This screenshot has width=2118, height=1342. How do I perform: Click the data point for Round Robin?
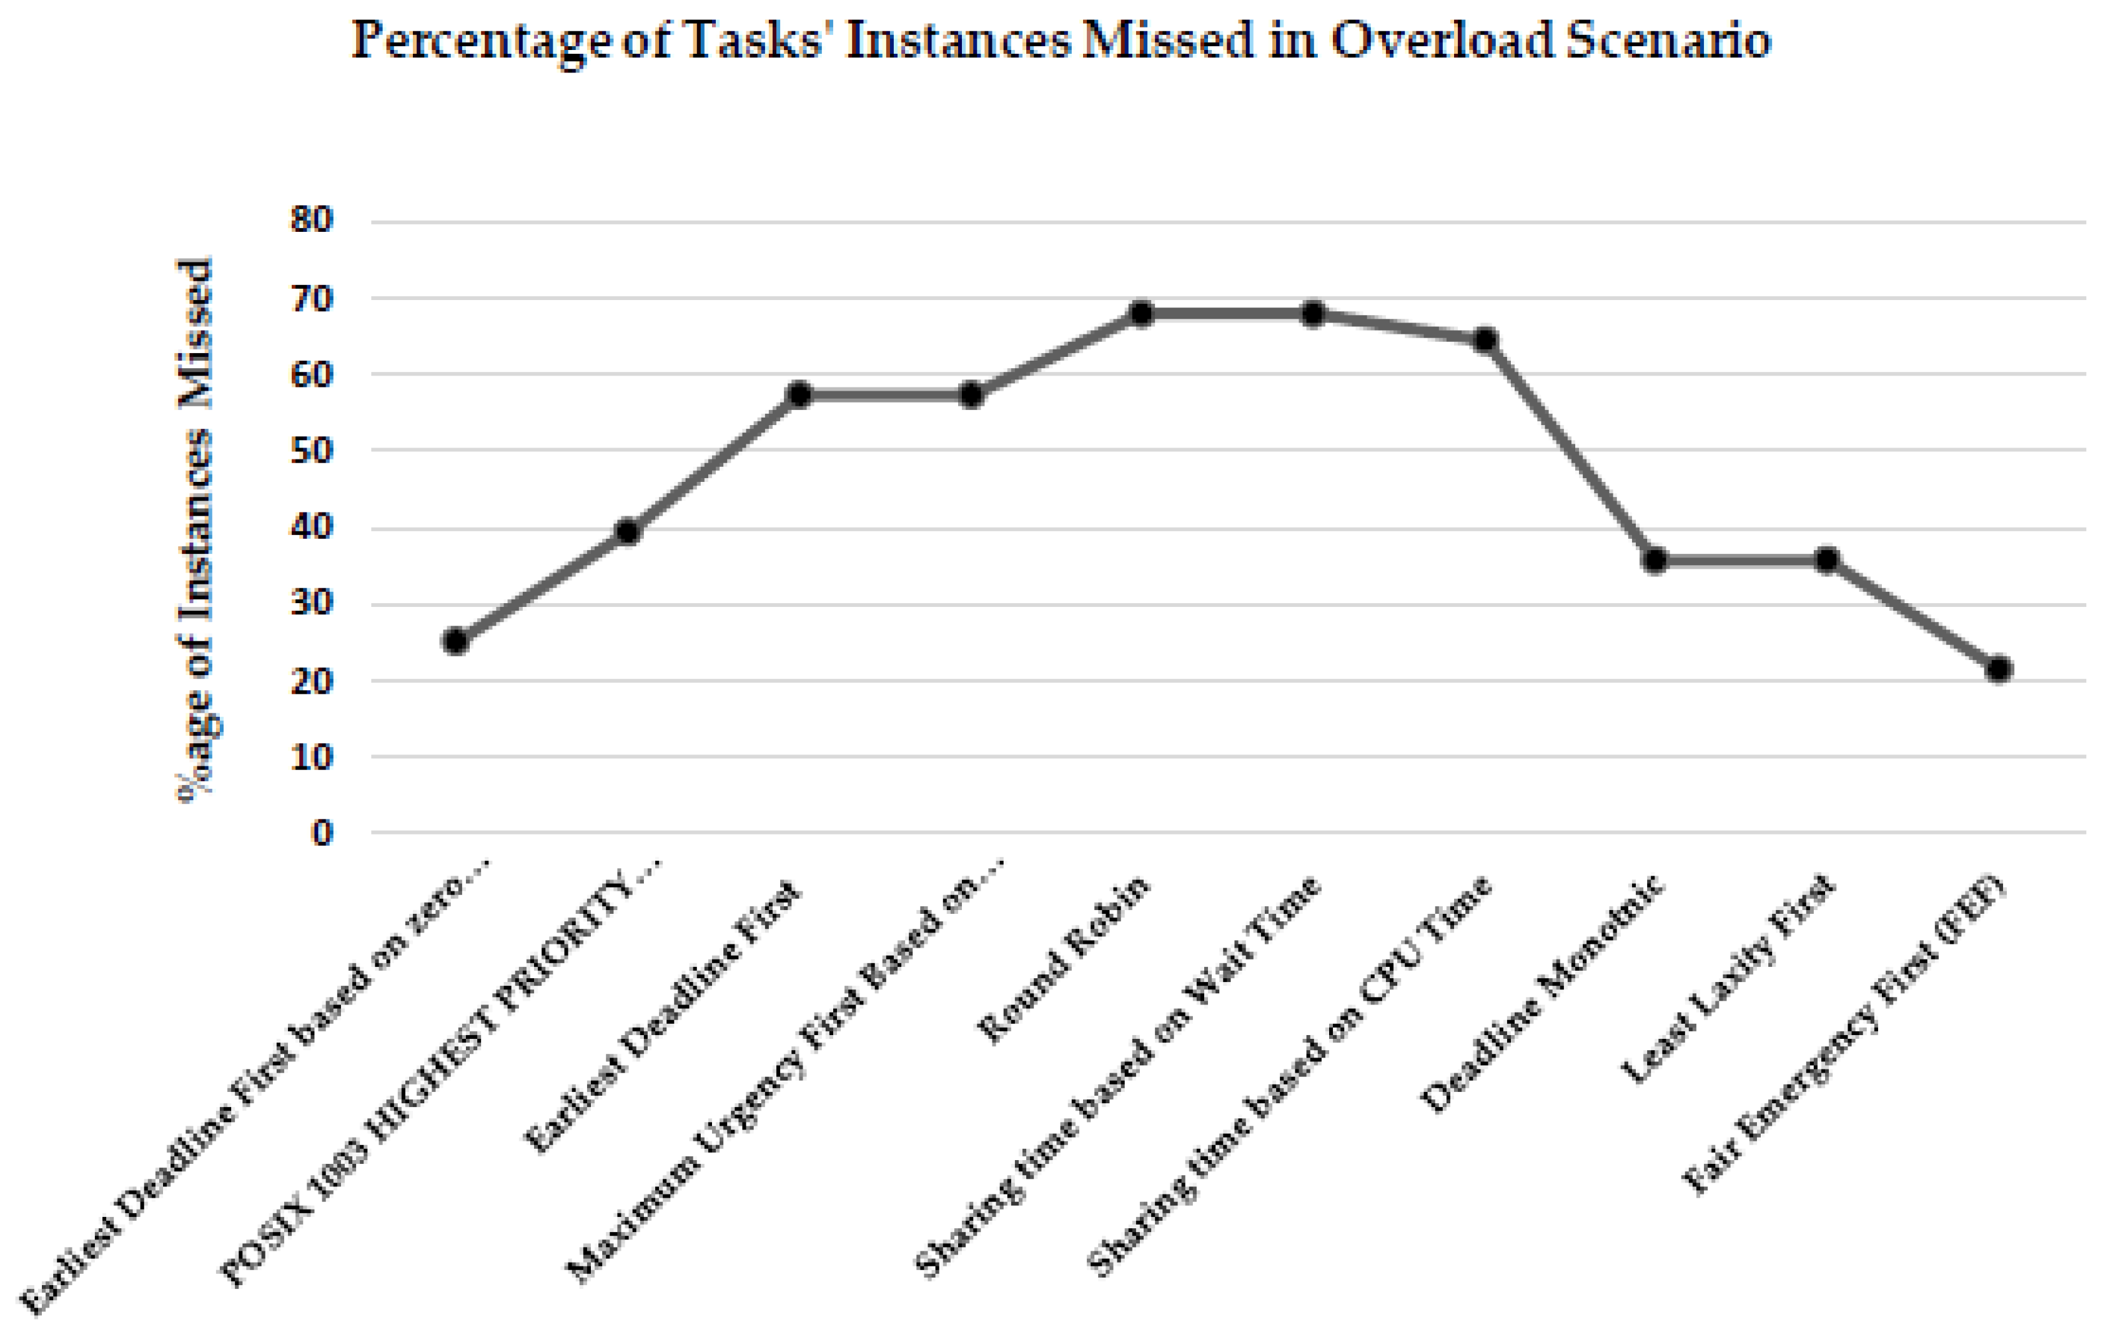tap(1141, 313)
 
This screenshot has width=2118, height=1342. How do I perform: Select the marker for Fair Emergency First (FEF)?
tap(1998, 669)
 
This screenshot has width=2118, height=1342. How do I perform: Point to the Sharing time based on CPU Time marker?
tap(1485, 339)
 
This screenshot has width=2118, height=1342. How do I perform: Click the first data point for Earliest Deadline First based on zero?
tap(455, 641)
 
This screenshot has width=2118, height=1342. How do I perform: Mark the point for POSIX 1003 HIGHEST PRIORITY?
tap(628, 531)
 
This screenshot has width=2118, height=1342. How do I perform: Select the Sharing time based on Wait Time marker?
tap(1312, 313)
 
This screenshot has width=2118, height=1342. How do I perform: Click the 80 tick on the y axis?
tap(312, 219)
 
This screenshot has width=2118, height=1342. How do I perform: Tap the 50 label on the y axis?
tap(312, 451)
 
